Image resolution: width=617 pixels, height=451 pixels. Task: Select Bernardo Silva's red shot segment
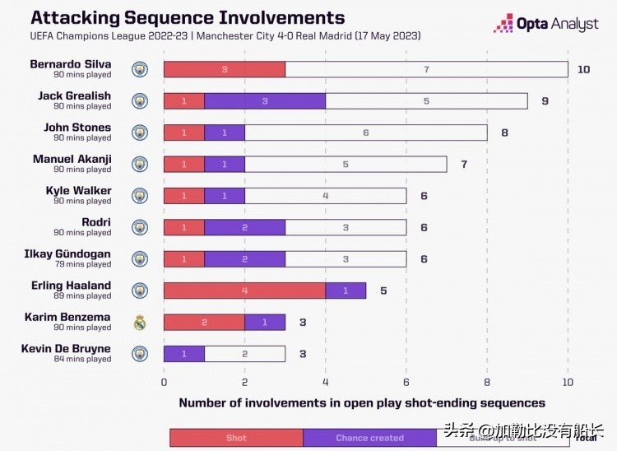[x=225, y=69]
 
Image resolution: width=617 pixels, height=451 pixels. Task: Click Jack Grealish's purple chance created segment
[x=265, y=100]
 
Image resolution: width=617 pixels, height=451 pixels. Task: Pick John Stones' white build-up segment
[x=365, y=133]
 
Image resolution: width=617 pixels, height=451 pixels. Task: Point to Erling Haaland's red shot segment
[x=244, y=290]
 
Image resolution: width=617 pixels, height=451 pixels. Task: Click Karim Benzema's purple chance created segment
[x=265, y=322]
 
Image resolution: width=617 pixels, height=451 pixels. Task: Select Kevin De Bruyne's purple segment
[x=183, y=353]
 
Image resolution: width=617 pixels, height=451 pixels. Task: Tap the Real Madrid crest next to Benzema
[x=140, y=323]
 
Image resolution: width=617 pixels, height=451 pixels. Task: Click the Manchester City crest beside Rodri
[x=140, y=227]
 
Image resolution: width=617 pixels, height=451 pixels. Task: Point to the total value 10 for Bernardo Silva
[x=583, y=69]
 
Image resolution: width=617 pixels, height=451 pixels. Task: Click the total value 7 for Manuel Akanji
[x=464, y=164]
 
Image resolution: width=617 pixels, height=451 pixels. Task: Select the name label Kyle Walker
[x=78, y=191]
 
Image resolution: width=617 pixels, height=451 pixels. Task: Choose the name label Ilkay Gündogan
[x=67, y=253]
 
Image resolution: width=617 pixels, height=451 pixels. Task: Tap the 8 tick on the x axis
[x=487, y=383]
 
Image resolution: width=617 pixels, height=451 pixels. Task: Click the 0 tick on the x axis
[x=164, y=383]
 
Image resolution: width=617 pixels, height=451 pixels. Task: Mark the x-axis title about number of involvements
[x=362, y=403]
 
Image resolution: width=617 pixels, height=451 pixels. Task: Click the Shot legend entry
[x=236, y=438]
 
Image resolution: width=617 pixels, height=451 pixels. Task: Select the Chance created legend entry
[x=369, y=438]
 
